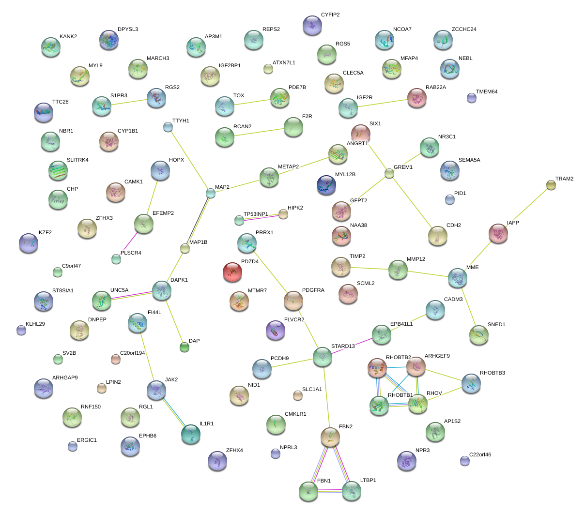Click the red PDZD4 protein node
point(232,272)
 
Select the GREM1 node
point(389,173)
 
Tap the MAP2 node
point(211,193)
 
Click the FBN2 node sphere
point(330,437)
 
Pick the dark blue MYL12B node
point(326,184)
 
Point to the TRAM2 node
point(551,185)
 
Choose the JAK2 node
point(156,390)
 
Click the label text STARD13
point(343,347)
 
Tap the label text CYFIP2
point(330,15)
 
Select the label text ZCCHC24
point(463,30)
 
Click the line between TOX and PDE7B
point(252,102)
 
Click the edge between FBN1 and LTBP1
point(329,491)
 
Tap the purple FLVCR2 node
point(276,330)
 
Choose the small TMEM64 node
point(472,98)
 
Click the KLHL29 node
point(21,331)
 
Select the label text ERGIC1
point(87,440)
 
